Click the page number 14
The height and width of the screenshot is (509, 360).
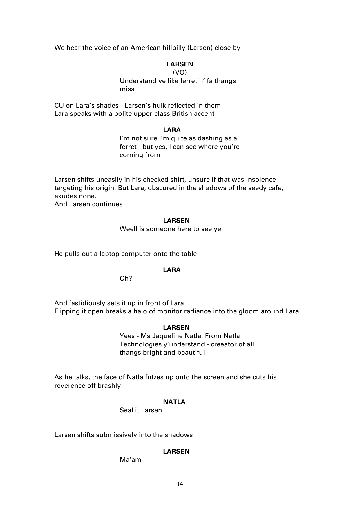180,484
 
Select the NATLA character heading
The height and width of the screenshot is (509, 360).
174,402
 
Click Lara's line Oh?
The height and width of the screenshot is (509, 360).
126,278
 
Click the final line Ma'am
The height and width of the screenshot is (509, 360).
130,460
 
